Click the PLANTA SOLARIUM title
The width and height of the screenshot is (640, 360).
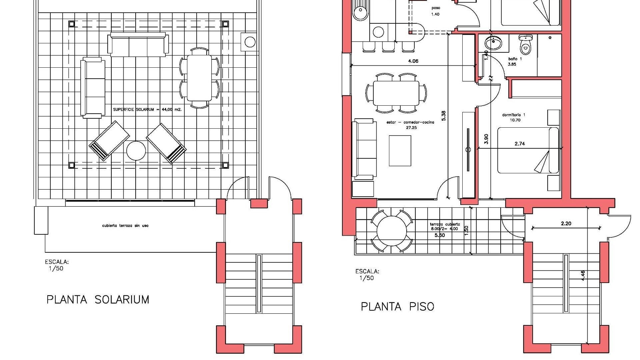point(98,299)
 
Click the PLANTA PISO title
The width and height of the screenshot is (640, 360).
point(397,306)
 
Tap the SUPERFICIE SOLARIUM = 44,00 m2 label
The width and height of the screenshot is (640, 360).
point(147,109)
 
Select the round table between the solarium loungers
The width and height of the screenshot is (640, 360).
point(136,151)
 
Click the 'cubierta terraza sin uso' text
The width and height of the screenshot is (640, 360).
point(125,226)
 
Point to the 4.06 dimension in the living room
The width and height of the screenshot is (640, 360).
point(413,61)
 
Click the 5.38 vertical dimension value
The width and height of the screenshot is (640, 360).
point(443,115)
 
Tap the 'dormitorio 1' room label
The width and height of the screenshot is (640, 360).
point(514,115)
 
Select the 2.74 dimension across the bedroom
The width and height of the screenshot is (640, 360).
point(520,144)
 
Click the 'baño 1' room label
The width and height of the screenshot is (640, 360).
point(515,59)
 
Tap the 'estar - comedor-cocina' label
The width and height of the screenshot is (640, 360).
point(410,122)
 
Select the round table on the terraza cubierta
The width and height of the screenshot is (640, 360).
point(392,231)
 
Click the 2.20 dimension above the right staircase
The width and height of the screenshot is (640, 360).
point(566,224)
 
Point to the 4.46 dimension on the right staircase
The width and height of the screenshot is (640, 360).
point(583,275)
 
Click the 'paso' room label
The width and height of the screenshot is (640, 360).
point(435,8)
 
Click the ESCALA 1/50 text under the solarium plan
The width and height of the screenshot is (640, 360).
point(57,265)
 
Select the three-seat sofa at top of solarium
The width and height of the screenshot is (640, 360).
point(138,45)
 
